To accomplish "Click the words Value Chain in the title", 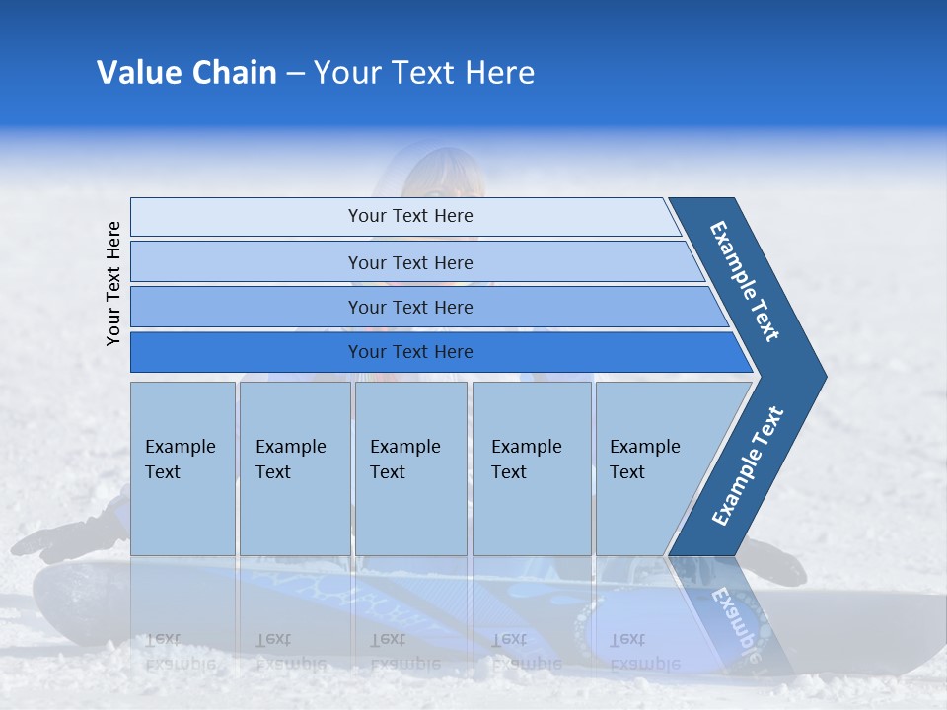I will coord(186,73).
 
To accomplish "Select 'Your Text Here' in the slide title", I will coord(424,73).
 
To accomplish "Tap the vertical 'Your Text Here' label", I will coord(113,283).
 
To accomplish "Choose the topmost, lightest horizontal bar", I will coord(409,216).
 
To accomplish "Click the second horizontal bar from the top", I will coord(409,262).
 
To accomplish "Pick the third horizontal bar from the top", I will coord(409,307).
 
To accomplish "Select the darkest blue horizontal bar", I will coord(409,352).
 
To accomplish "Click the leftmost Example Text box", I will coord(182,468).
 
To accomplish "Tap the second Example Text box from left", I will coord(294,468).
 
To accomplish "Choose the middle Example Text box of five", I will coord(410,468).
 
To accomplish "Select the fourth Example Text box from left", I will coord(531,468).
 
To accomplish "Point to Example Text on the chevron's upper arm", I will coord(746,281).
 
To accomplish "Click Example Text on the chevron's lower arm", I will coord(748,465).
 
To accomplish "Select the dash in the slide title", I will coord(295,74).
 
